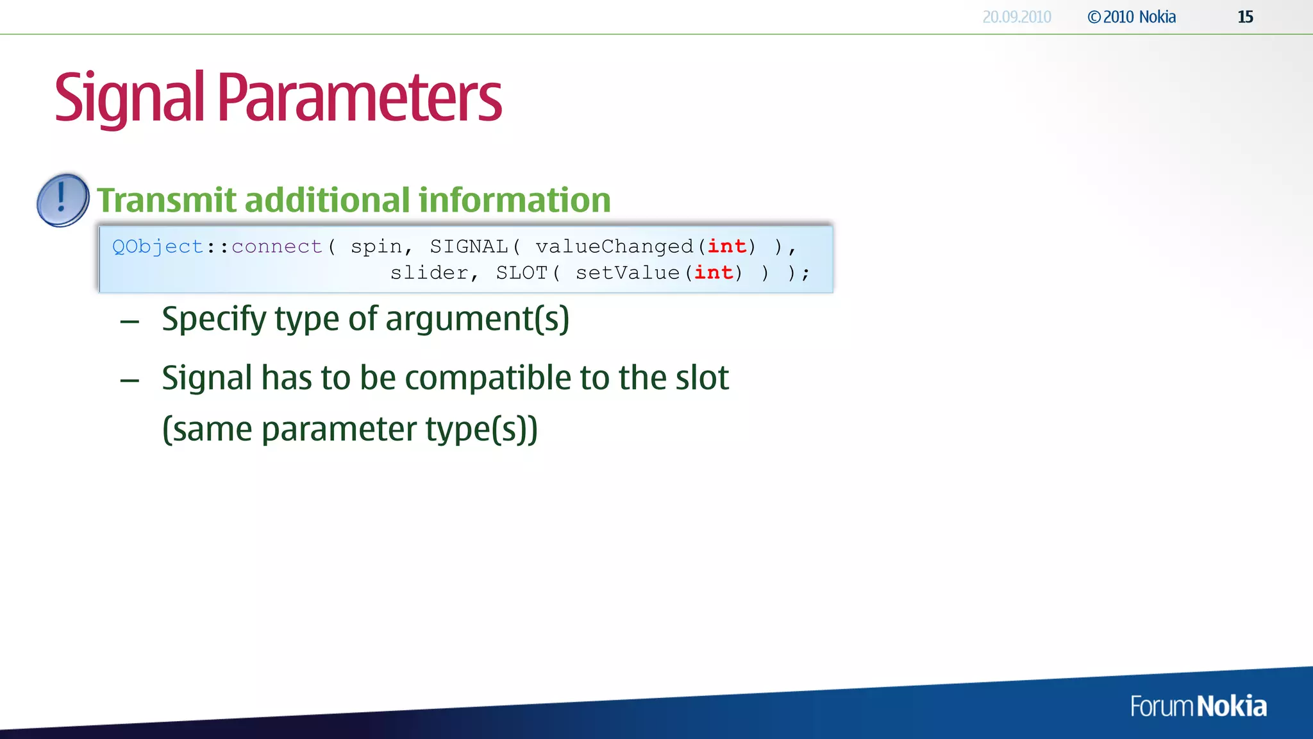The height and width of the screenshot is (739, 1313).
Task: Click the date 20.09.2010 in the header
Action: (x=1016, y=17)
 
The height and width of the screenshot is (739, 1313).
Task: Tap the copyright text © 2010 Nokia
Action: (x=1132, y=17)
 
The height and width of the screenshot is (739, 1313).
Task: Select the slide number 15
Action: (x=1245, y=17)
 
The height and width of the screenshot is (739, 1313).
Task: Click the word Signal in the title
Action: (x=129, y=98)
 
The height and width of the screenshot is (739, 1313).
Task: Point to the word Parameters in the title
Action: (x=359, y=98)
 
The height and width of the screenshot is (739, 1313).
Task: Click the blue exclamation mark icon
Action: (x=63, y=200)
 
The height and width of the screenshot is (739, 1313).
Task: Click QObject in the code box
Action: (x=158, y=247)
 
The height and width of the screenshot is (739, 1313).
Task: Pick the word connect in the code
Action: (x=276, y=247)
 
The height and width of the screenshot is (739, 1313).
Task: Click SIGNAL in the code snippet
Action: (x=469, y=247)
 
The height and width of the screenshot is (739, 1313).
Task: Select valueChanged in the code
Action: (x=614, y=247)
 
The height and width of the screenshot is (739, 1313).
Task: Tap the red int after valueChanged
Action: (x=726, y=247)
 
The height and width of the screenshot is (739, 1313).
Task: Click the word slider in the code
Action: (x=429, y=273)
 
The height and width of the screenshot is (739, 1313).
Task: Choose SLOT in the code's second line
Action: (x=521, y=273)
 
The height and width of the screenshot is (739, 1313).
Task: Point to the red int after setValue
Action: (x=713, y=273)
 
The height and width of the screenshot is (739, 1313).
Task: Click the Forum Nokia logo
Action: (x=1198, y=706)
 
